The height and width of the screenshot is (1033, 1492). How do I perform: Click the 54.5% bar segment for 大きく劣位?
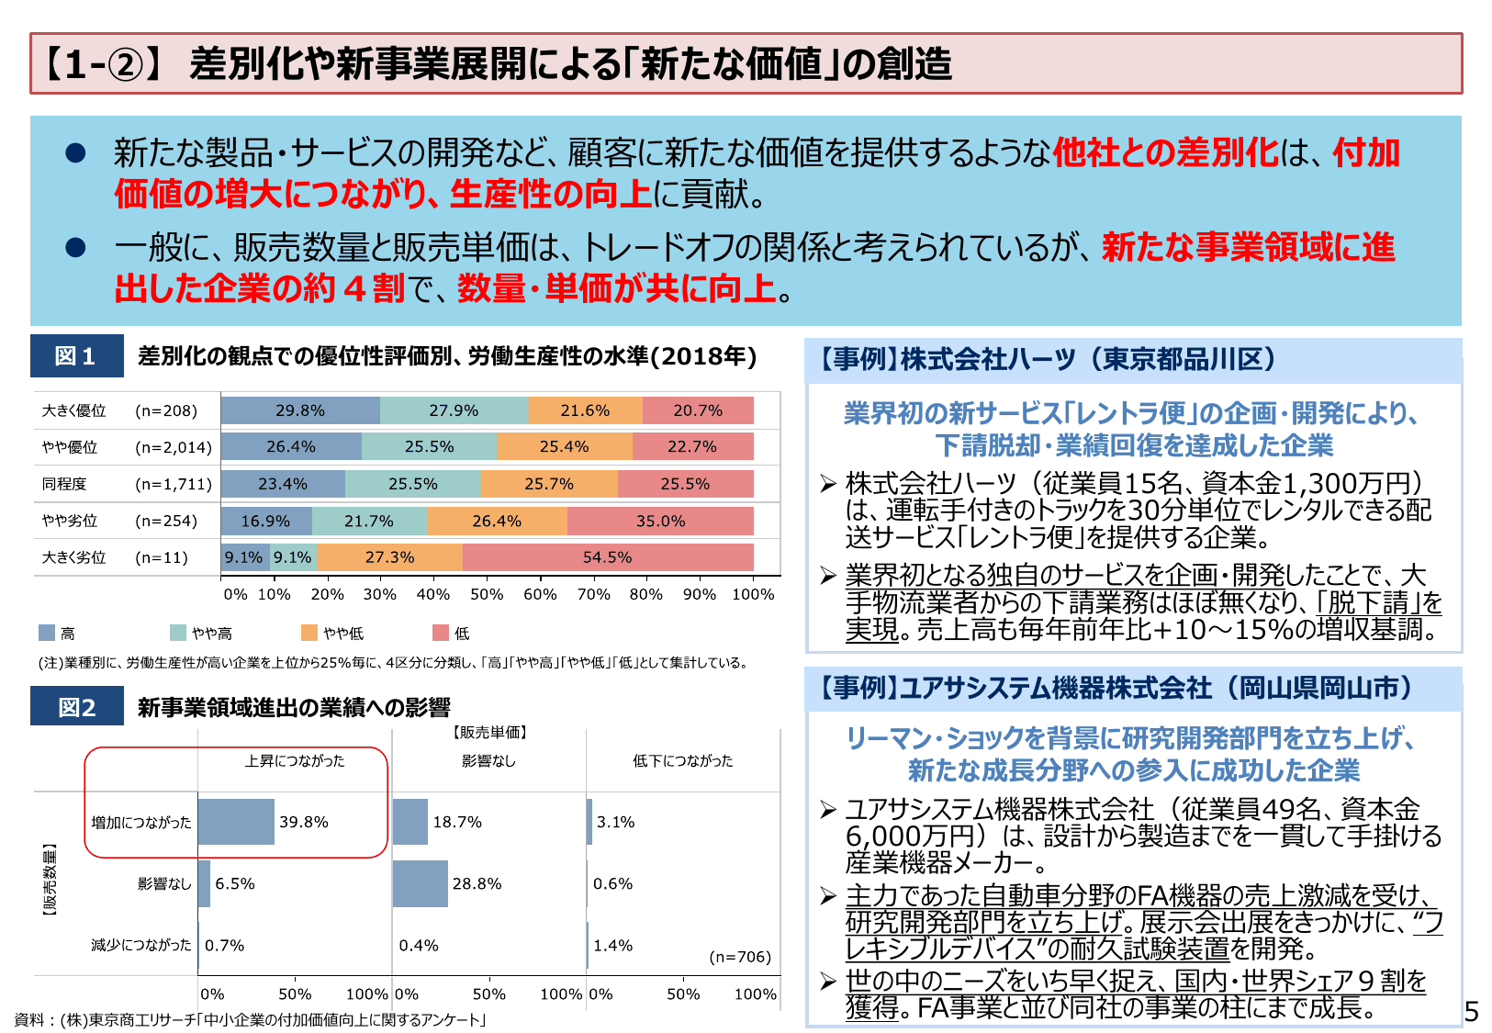coord(607,557)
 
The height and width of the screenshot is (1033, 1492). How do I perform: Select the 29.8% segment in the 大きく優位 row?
coord(300,410)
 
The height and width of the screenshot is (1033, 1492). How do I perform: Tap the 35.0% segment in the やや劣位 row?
coord(660,521)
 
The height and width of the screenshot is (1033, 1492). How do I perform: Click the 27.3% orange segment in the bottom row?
coord(389,557)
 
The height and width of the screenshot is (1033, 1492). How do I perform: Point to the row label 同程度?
coord(64,484)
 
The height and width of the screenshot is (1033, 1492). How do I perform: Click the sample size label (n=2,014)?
coord(174,447)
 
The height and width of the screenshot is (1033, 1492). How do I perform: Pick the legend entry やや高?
coord(211,634)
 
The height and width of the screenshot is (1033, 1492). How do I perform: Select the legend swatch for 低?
coord(441,633)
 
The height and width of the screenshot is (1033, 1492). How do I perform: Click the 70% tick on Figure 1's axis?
coord(593,594)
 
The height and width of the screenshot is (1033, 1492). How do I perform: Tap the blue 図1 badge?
coord(76,356)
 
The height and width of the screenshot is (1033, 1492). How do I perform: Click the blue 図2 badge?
coord(76,707)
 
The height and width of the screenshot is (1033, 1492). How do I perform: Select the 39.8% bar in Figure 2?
coord(236,822)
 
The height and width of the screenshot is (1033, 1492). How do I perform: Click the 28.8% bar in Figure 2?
coord(420,883)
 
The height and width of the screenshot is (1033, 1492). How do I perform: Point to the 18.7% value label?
coord(457,822)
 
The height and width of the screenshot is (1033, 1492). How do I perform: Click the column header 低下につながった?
coord(682,760)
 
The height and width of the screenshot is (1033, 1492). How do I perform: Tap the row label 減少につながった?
coord(140,945)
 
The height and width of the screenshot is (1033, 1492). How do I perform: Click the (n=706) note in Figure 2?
coord(740,957)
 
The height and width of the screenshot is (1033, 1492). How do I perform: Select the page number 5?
coord(1472,1012)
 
